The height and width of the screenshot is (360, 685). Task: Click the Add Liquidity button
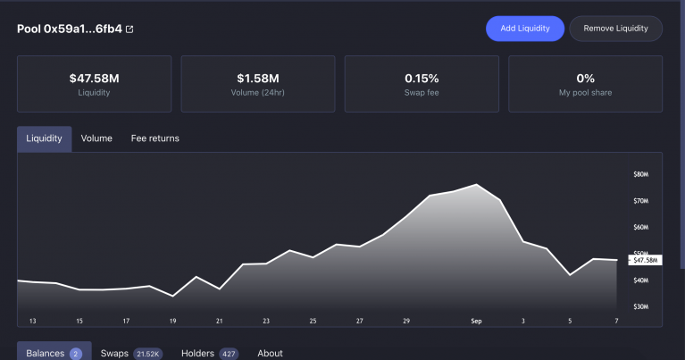coord(525,29)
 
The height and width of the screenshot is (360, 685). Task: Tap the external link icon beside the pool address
coord(129,29)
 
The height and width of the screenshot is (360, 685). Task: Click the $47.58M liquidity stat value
coord(94,79)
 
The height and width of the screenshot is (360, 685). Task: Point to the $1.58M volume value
coord(258,79)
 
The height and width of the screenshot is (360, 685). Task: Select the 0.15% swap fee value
coord(422,79)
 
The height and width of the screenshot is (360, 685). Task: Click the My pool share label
coord(585,92)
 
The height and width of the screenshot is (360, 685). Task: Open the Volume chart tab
coord(96,138)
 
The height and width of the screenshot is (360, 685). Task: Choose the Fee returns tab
coord(155,138)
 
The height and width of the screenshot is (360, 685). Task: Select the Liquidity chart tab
coord(44,138)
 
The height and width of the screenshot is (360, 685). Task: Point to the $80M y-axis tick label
coord(640,174)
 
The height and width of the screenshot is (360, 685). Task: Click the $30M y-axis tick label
coord(640,306)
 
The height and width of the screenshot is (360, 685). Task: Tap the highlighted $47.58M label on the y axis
coord(645,260)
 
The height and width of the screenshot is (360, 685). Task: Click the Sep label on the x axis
coord(476,320)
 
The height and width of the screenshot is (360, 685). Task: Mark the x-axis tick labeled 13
coord(32,320)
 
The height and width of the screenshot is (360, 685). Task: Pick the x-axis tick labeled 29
coord(406,320)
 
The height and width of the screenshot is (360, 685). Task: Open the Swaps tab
coord(114,353)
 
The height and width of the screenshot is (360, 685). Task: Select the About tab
coord(270,353)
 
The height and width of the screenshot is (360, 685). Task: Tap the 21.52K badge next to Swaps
coord(146,354)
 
